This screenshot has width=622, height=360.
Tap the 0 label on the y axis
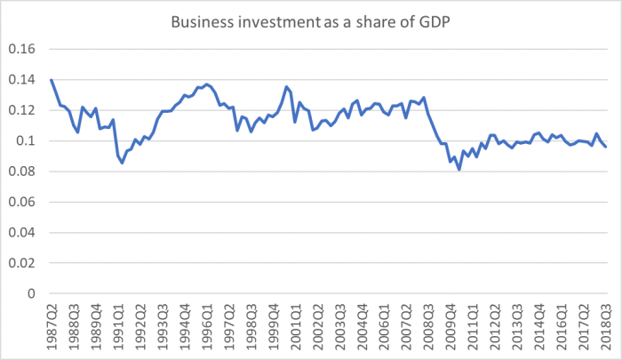point(32,293)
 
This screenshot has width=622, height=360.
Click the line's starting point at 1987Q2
point(52,80)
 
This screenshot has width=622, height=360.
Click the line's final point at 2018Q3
point(606,147)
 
